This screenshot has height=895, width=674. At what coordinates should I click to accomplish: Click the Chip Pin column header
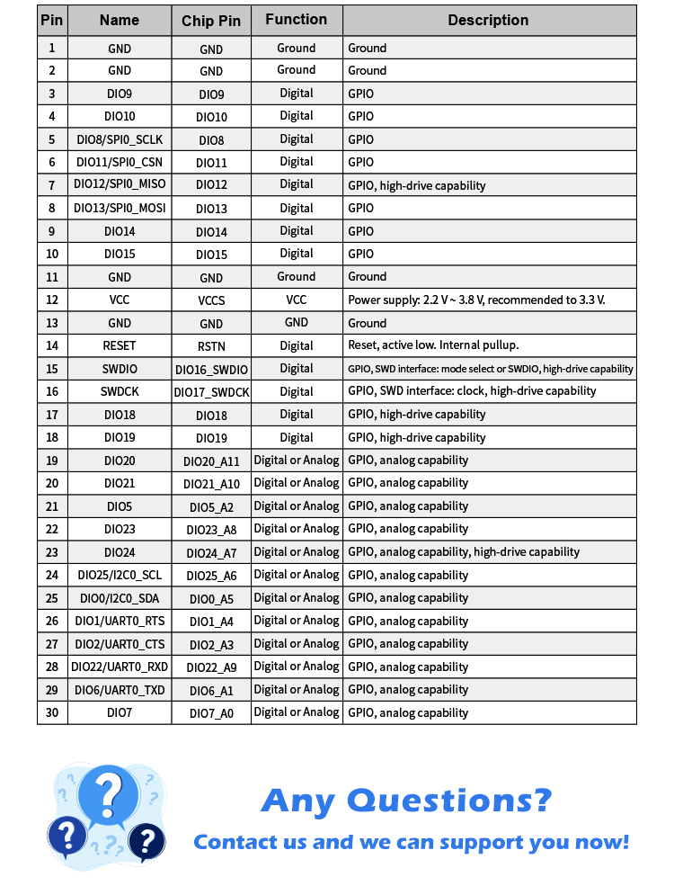coord(211,21)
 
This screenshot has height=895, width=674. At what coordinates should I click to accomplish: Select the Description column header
coord(488,21)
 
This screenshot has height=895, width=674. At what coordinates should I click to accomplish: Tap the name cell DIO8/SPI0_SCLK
coord(120,139)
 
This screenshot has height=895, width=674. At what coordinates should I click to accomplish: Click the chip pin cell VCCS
coord(211,300)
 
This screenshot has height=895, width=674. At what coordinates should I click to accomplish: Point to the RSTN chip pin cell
coord(211,346)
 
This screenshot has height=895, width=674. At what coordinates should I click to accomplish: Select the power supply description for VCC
coord(476,300)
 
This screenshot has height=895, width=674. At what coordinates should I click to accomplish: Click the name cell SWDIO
coord(120,369)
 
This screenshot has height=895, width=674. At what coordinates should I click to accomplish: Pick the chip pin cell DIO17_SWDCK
coord(211,392)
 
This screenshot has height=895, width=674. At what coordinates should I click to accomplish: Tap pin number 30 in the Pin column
coord(52,712)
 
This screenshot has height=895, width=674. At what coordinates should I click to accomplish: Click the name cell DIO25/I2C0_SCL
coord(120,576)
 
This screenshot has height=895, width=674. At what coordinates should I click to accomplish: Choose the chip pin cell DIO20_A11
coord(211,461)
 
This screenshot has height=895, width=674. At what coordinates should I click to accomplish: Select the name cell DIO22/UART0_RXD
coord(120,667)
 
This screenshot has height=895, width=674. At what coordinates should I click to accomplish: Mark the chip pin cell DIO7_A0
coord(211,713)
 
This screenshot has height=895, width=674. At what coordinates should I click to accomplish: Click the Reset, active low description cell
coord(433,345)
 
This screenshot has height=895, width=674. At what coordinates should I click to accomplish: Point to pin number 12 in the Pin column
coord(52,300)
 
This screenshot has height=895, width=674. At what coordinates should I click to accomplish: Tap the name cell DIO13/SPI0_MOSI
coord(120,208)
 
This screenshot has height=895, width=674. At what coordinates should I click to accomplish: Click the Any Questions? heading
coord(406,800)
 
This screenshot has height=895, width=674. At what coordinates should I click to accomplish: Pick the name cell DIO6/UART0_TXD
coord(120,690)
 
